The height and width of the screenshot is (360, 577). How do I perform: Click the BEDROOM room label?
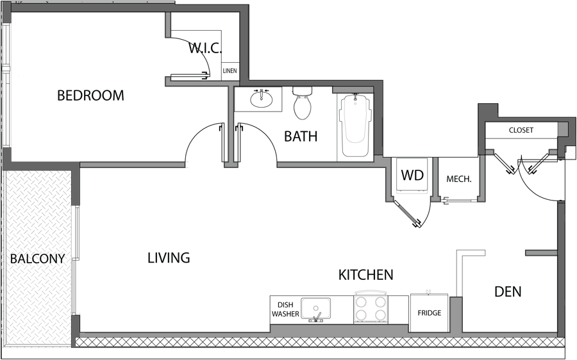[x=90, y=95]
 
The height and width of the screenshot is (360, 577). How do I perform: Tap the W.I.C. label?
[x=205, y=47]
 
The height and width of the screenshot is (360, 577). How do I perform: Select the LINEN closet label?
[x=230, y=71]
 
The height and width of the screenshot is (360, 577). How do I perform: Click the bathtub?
[x=355, y=125]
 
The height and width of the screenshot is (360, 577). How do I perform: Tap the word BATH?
[x=301, y=136]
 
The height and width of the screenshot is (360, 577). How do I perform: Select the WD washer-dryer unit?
[x=412, y=175]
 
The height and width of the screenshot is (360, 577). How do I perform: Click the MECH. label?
[x=458, y=179]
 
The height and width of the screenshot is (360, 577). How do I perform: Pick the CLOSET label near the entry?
[x=521, y=130]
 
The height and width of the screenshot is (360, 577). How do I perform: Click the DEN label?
[x=508, y=292]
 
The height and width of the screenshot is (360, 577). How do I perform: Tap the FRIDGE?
[x=429, y=313]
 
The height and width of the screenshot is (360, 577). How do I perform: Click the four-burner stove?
[x=371, y=308]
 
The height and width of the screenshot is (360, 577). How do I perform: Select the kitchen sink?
[x=316, y=308]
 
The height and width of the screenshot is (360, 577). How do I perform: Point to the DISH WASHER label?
[x=285, y=309]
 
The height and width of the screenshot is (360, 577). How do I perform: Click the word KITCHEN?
[x=365, y=275]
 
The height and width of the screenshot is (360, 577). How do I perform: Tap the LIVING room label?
[x=169, y=258]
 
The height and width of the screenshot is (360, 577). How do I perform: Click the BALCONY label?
[x=38, y=259]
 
